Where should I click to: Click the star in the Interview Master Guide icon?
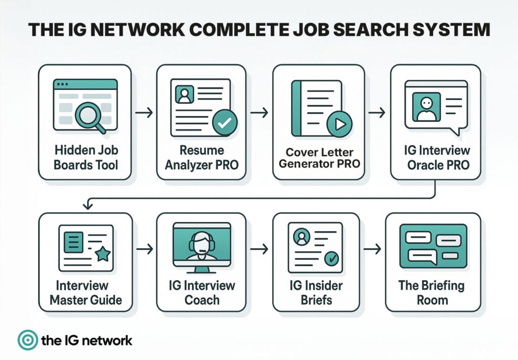(103, 254)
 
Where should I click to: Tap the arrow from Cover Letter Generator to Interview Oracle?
(377, 112)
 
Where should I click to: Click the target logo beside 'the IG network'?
(26, 340)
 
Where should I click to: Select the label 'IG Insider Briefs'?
(316, 292)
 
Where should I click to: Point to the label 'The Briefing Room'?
(431, 292)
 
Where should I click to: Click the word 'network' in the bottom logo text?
(107, 340)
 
